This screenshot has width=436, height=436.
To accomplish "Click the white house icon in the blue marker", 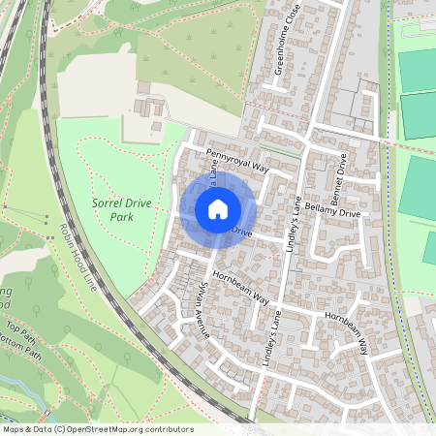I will click(217, 208).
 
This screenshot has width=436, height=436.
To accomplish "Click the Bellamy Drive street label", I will click(332, 212).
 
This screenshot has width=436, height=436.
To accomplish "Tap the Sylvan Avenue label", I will click(196, 311).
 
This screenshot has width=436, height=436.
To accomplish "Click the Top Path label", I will click(19, 329).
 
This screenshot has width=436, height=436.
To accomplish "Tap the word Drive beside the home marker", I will click(241, 234).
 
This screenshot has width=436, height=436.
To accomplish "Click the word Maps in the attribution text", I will click(14, 429).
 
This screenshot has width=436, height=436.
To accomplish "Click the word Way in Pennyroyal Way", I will click(259, 169).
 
